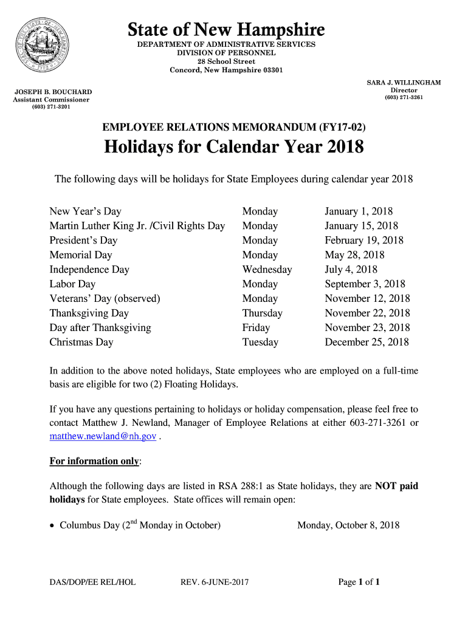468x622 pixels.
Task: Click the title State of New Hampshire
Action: [x=226, y=29]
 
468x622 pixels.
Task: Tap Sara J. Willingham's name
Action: [x=404, y=83]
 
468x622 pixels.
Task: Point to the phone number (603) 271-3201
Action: [x=52, y=107]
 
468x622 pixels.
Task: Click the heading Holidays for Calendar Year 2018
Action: [x=234, y=147]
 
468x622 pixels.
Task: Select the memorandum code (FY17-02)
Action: [x=342, y=127]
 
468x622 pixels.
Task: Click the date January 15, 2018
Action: [x=361, y=226]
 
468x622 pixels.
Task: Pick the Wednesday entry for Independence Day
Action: [x=267, y=270]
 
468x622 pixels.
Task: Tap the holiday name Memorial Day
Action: [x=81, y=255]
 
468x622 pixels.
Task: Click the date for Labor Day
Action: [x=365, y=284]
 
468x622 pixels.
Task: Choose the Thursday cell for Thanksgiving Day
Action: [x=262, y=313]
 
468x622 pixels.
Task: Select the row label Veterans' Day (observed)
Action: [x=105, y=299]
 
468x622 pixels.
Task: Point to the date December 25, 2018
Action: [x=366, y=343]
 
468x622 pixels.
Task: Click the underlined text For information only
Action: [x=94, y=461]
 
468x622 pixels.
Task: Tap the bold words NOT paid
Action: [x=396, y=486]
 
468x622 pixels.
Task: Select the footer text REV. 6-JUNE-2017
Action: [x=215, y=583]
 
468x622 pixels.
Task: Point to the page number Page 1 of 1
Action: [x=359, y=583]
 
